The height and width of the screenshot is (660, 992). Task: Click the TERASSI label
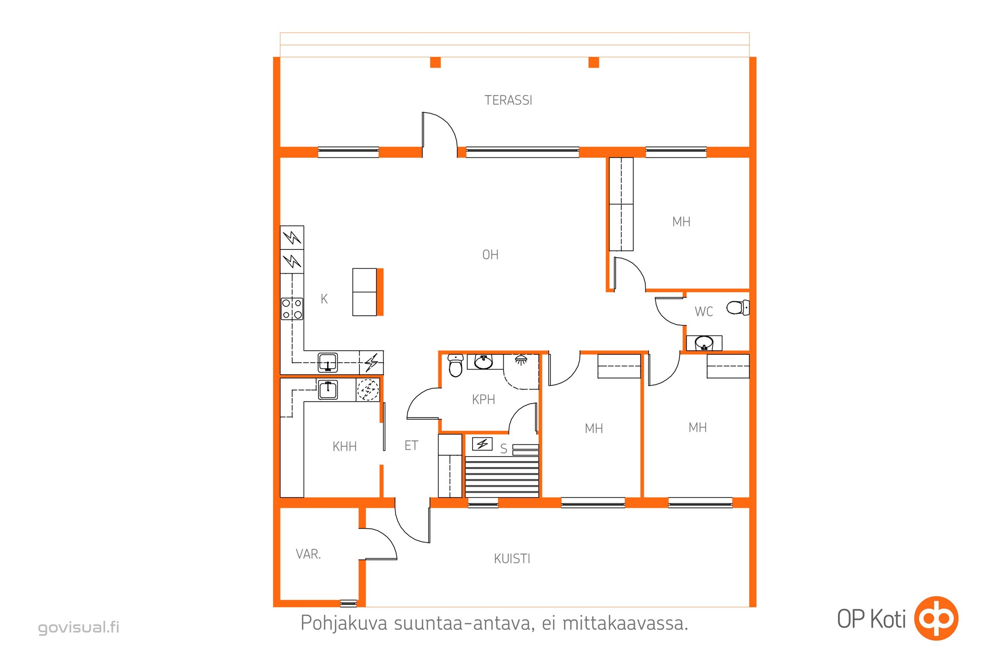(x=508, y=100)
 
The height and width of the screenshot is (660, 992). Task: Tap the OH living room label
(x=490, y=255)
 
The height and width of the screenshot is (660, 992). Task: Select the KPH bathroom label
(x=483, y=399)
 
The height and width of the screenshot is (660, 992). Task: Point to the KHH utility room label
(x=345, y=446)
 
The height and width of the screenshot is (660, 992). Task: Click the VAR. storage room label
(x=308, y=554)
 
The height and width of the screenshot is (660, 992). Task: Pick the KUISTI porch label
(x=512, y=559)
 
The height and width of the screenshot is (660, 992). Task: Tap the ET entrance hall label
(x=411, y=445)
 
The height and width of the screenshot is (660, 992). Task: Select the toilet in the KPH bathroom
(x=455, y=365)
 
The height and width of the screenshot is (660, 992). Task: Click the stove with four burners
(x=292, y=309)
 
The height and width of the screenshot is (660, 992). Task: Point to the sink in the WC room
(x=704, y=343)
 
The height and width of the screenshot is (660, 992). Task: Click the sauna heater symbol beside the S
(x=482, y=444)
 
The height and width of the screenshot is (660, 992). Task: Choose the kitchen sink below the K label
(x=327, y=363)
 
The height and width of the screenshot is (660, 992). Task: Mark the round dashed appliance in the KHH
(x=368, y=390)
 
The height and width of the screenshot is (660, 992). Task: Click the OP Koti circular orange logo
(x=936, y=619)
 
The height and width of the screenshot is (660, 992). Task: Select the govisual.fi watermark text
(x=79, y=627)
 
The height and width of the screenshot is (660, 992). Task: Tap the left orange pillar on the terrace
(x=435, y=62)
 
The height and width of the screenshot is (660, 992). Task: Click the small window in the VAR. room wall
(x=348, y=603)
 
